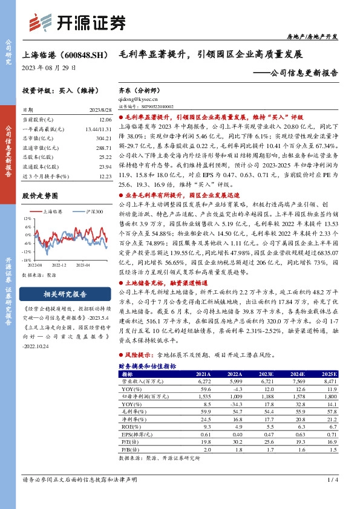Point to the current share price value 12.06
[105, 120]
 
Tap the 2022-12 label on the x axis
[59, 265]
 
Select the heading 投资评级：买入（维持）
[56, 91]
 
